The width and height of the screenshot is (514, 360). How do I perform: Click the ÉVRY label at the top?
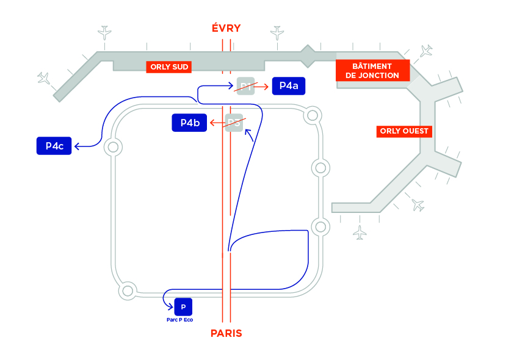pyautogui.click(x=226, y=28)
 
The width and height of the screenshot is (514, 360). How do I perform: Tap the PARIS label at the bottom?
pyautogui.click(x=226, y=333)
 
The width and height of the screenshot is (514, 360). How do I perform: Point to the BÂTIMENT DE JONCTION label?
pyautogui.click(x=372, y=71)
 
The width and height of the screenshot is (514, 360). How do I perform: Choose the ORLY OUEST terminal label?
pyautogui.click(x=405, y=131)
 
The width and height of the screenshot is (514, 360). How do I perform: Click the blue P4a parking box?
pyautogui.click(x=288, y=86)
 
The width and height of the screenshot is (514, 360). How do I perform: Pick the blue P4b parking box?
pyautogui.click(x=190, y=123)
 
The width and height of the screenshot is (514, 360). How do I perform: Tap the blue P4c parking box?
pyautogui.click(x=54, y=146)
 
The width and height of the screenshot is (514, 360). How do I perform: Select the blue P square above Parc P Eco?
pyautogui.click(x=183, y=306)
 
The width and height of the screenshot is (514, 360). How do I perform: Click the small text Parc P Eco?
pyautogui.click(x=179, y=319)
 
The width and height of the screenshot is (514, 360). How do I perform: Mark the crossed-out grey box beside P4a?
pyautogui.click(x=245, y=86)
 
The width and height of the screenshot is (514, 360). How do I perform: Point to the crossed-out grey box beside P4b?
pyautogui.click(x=234, y=123)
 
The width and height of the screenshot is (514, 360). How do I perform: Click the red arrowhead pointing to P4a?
pyautogui.click(x=266, y=87)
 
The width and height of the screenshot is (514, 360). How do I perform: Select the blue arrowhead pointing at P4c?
pyautogui.click(x=78, y=146)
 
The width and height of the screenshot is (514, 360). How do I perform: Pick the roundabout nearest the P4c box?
pyautogui.click(x=112, y=146)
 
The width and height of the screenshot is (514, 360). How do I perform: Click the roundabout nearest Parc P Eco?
pyautogui.click(x=128, y=290)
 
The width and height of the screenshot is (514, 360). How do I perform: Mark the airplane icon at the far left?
pyautogui.click(x=43, y=77)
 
